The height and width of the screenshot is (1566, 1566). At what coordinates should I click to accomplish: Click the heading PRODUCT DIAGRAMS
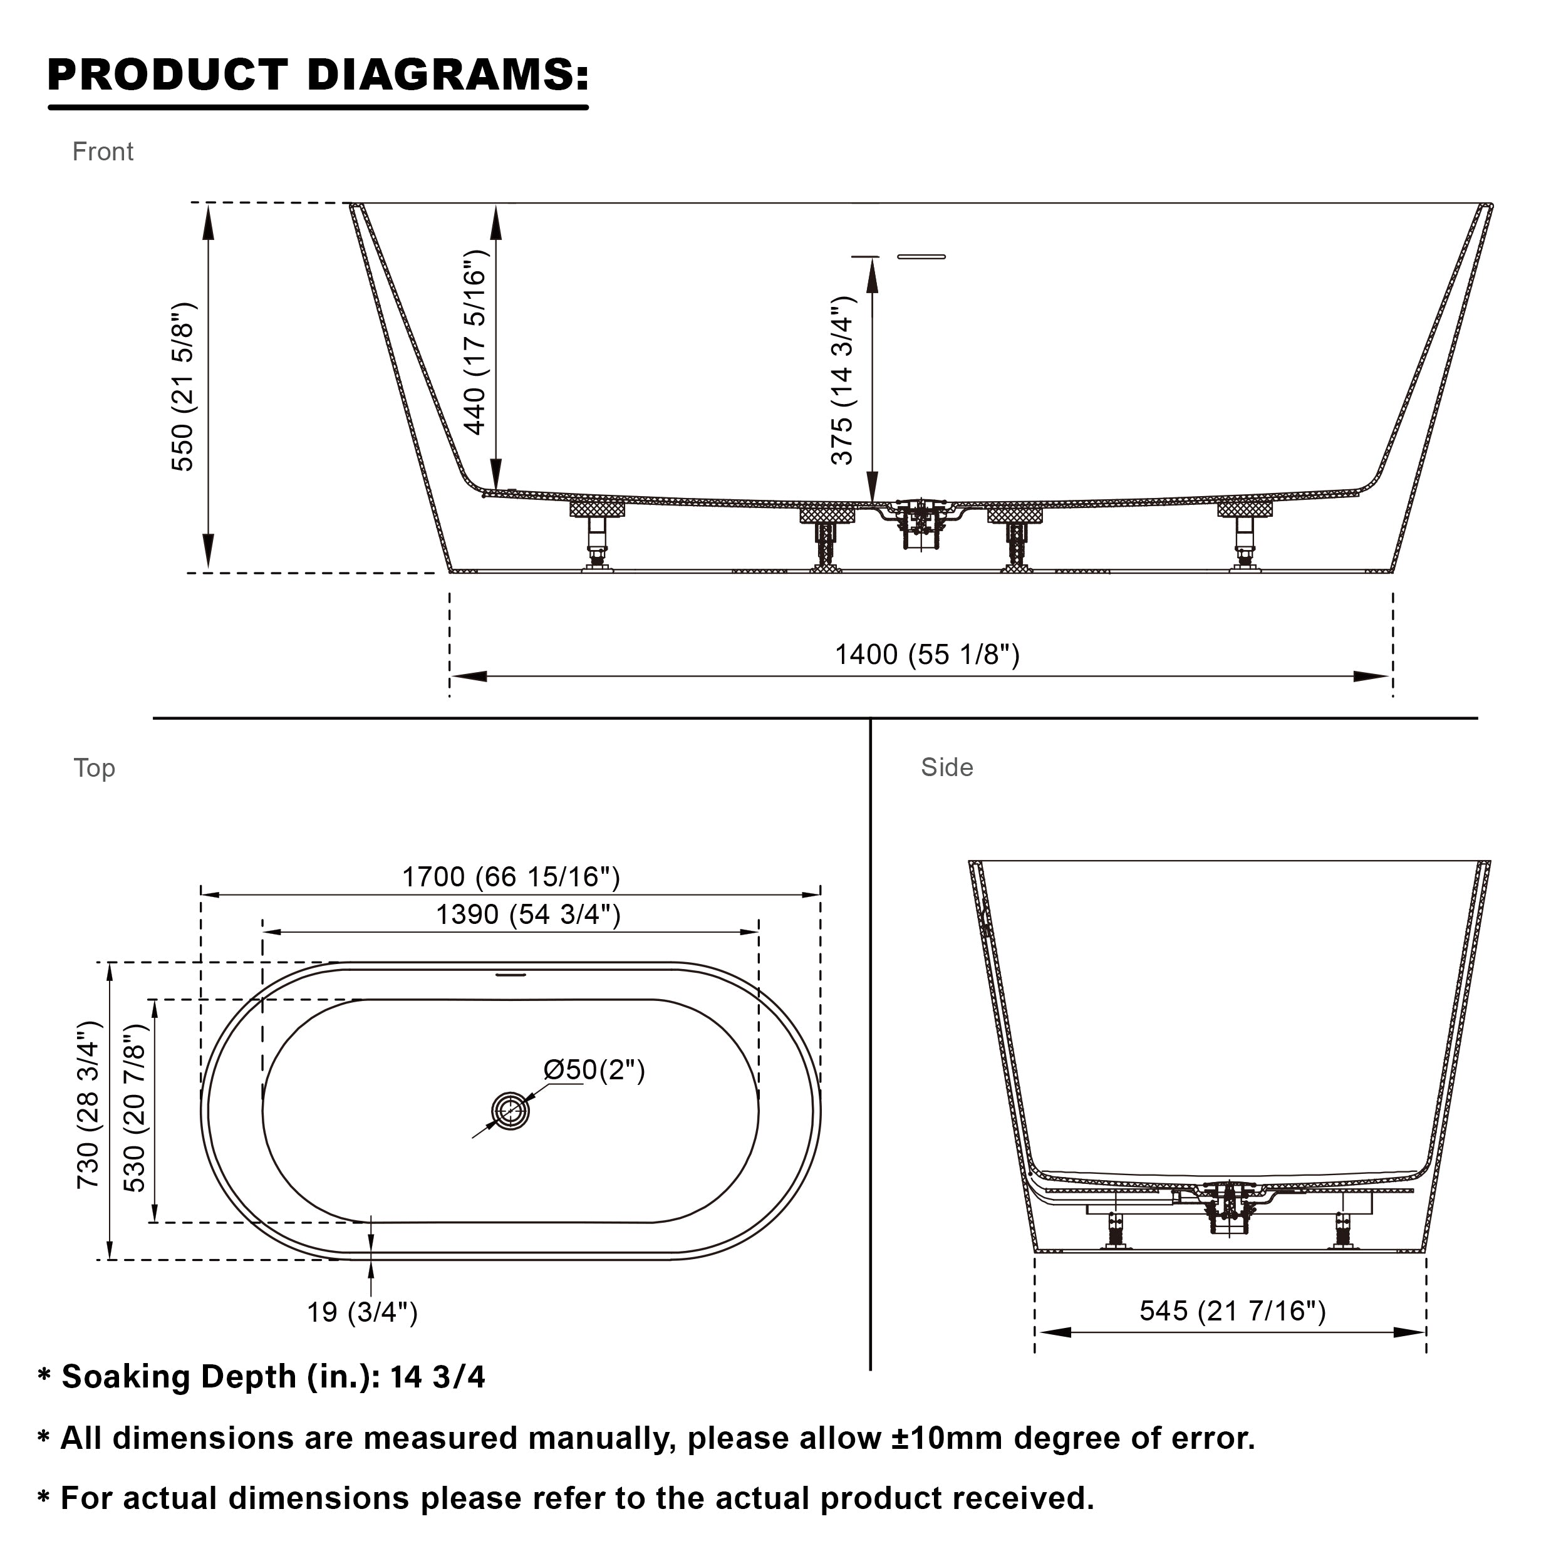[x=318, y=75]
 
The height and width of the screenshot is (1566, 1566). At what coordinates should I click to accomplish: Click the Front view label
[x=102, y=152]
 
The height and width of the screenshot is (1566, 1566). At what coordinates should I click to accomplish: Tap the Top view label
[x=94, y=767]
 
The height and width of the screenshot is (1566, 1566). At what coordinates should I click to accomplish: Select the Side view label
[x=946, y=767]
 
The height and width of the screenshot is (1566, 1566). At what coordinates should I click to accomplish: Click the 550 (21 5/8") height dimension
[x=183, y=386]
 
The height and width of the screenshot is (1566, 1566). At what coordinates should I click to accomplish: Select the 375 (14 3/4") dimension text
[x=843, y=380]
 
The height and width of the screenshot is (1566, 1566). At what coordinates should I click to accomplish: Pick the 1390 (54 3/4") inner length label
[x=527, y=915]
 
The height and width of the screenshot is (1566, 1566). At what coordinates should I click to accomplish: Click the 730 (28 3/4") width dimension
[x=88, y=1105]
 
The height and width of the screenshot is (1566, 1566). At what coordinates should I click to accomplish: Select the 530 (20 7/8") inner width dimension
[x=135, y=1108]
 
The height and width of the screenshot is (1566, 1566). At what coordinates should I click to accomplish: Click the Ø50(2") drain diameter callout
[x=594, y=1070]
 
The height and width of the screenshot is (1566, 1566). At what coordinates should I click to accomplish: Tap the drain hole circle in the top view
[x=511, y=1111]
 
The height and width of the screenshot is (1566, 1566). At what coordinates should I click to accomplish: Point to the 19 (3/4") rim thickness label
[x=361, y=1312]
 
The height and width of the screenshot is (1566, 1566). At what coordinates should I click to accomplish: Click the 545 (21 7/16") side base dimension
[x=1232, y=1310]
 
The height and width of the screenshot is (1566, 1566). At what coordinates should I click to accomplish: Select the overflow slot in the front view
[x=921, y=257]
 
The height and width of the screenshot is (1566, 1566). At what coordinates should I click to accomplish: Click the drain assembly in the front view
[x=918, y=523]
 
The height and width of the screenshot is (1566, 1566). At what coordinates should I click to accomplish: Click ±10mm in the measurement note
[x=945, y=1438]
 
